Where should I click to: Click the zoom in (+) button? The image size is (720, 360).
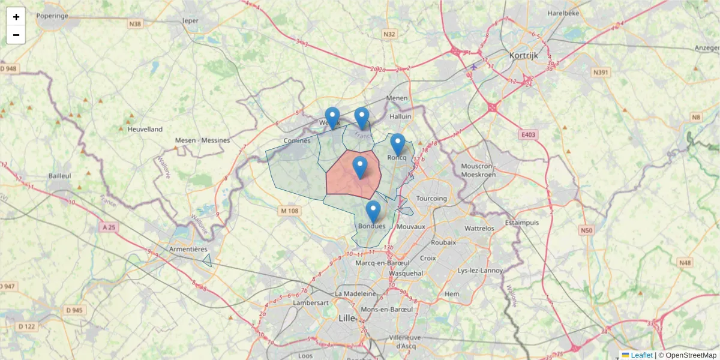coord(16,17)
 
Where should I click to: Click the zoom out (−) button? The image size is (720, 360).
coord(16,35)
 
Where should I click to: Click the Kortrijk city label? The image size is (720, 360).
coord(523,55)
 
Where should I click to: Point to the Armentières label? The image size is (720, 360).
coord(188,249)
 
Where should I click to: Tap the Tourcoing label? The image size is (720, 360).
coord(431,199)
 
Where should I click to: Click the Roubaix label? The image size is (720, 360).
coord(443,242)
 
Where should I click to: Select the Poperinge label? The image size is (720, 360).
coord(52,16)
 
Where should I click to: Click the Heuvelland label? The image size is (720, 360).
coord(145,129)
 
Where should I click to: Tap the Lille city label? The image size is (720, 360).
coord(347,317)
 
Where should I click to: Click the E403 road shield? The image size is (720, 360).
coord(528,135)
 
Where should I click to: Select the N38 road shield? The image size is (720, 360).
coord(136,24)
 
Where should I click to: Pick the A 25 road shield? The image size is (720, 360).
coord(109,227)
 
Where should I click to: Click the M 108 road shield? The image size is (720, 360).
coord(289,211)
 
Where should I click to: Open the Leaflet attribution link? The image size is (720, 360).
coord(641,355)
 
